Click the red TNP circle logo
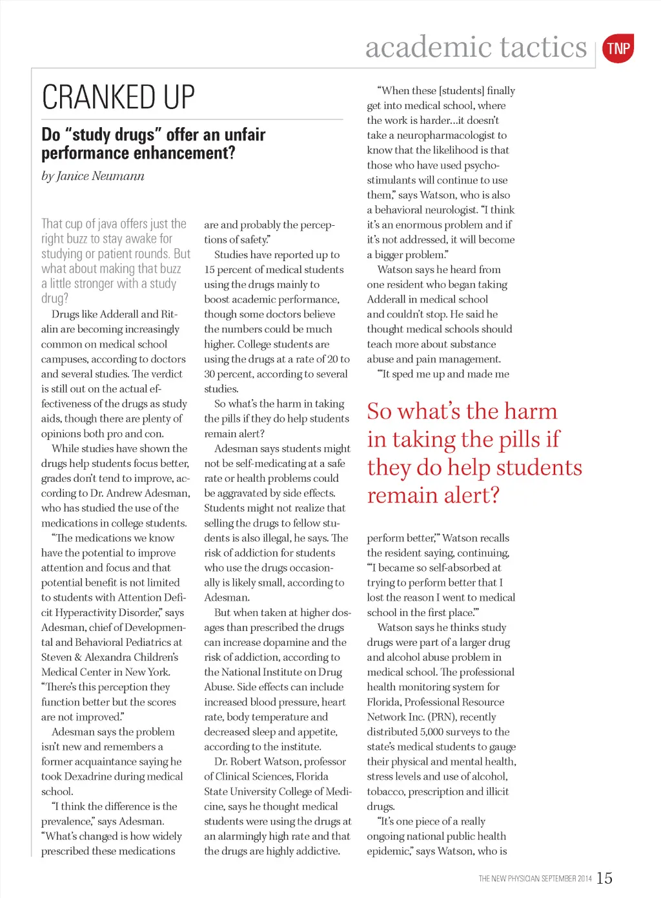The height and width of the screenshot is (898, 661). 618,48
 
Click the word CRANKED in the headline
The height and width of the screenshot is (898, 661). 100,97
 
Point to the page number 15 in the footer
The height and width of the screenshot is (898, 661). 605,878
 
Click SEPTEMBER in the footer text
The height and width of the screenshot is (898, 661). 559,879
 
